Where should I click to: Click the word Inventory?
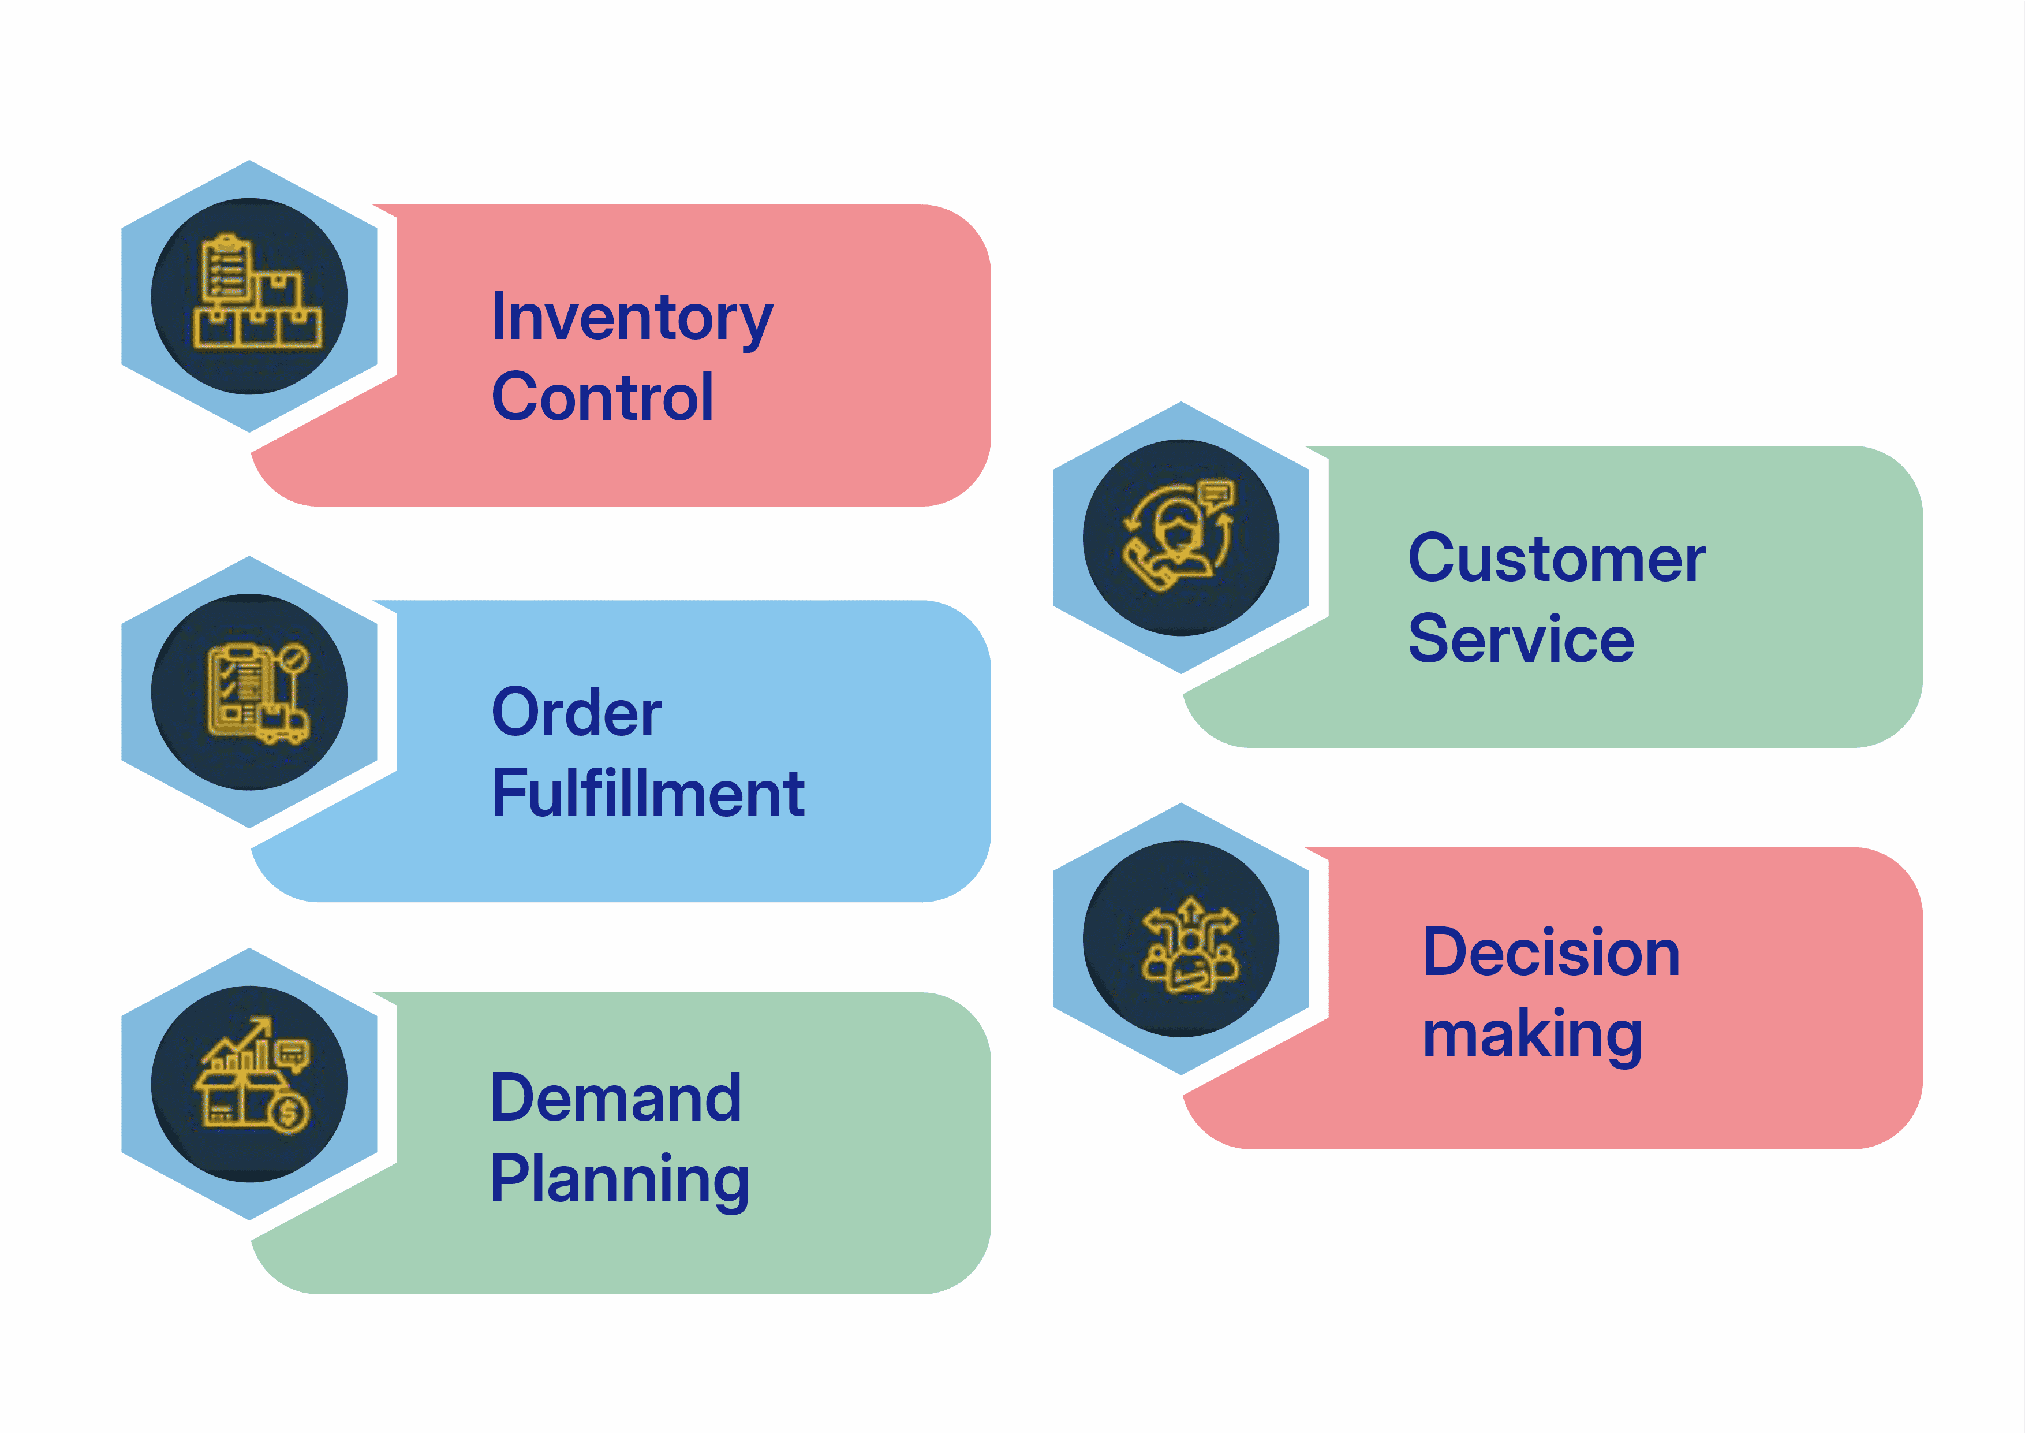pyautogui.click(x=632, y=319)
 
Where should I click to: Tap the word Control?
pyautogui.click(x=603, y=397)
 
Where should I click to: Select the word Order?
pyautogui.click(x=577, y=712)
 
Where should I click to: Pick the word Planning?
pyautogui.click(x=620, y=1181)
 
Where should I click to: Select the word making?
pyautogui.click(x=1533, y=1035)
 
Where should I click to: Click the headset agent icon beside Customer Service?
pyautogui.click(x=1180, y=535)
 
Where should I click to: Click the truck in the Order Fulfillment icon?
pyautogui.click(x=282, y=725)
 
